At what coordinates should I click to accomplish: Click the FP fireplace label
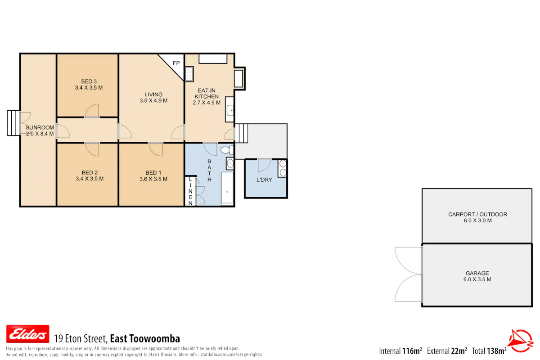[176, 63]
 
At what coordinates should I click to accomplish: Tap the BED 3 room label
[89, 81]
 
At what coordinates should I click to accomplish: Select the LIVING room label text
[153, 94]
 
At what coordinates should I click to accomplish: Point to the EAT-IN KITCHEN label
[207, 94]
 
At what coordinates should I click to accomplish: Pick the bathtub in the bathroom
[227, 189]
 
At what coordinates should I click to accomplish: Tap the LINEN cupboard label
[190, 191]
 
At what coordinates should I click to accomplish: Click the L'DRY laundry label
[264, 180]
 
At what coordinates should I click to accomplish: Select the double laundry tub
[282, 168]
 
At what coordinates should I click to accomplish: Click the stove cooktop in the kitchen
[189, 74]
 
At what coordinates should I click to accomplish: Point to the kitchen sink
[230, 110]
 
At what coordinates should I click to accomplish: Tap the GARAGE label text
[477, 273]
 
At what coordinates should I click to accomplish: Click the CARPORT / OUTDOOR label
[477, 214]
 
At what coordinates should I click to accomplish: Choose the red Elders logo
[28, 334]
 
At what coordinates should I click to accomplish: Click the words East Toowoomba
[145, 338]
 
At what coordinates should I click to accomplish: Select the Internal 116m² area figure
[400, 351]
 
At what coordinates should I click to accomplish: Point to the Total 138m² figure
[489, 351]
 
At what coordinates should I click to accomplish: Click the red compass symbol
[521, 341]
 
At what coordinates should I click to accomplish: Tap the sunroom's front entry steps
[13, 123]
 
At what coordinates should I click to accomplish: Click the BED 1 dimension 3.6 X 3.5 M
[153, 179]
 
